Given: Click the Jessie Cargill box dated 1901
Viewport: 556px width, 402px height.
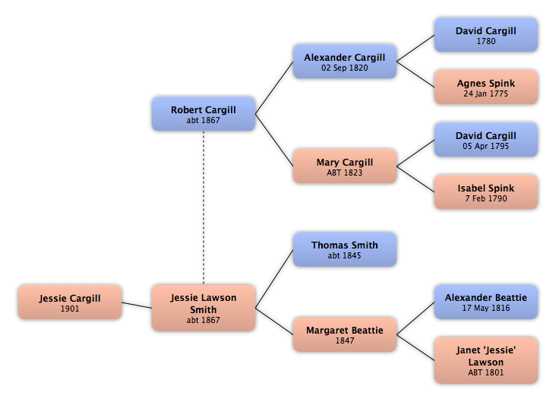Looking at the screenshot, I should pyautogui.click(x=70, y=302).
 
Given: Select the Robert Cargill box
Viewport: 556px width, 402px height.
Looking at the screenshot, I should pyautogui.click(x=204, y=114).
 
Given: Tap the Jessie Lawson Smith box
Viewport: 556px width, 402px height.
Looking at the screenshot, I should pyautogui.click(x=204, y=309).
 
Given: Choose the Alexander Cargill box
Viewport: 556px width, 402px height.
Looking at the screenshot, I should pyautogui.click(x=345, y=62).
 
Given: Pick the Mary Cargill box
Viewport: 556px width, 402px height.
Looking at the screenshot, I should pyautogui.click(x=345, y=166).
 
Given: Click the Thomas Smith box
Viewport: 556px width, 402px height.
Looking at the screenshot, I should pyautogui.click(x=345, y=250).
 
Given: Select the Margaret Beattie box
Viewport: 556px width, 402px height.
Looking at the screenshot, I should pyautogui.click(x=345, y=334).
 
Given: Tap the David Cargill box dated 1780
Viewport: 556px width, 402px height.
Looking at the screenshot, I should pyautogui.click(x=486, y=35).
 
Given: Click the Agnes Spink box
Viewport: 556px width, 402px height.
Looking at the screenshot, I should pyautogui.click(x=486, y=87).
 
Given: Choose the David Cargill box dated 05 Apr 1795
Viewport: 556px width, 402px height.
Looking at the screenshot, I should pyautogui.click(x=486, y=140).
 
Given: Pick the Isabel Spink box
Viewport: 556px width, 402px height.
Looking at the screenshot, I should pyautogui.click(x=486, y=192).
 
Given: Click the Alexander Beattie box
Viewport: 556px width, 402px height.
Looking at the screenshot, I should pyautogui.click(x=486, y=302).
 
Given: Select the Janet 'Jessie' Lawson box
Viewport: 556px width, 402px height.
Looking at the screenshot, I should pyautogui.click(x=486, y=360).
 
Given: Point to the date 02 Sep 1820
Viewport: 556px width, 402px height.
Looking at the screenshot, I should pyautogui.click(x=345, y=68).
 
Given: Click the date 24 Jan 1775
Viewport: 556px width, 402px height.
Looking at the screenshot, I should pyautogui.click(x=486, y=94).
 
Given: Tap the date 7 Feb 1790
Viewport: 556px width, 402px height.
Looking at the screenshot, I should pyautogui.click(x=486, y=199).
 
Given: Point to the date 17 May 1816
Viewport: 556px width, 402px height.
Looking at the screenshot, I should pyautogui.click(x=486, y=309).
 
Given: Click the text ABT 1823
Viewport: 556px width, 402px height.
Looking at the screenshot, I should pyautogui.click(x=345, y=173).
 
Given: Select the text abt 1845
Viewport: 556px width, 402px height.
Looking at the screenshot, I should pyautogui.click(x=345, y=256).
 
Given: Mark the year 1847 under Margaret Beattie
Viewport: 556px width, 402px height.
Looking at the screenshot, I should pyautogui.click(x=345, y=341).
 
